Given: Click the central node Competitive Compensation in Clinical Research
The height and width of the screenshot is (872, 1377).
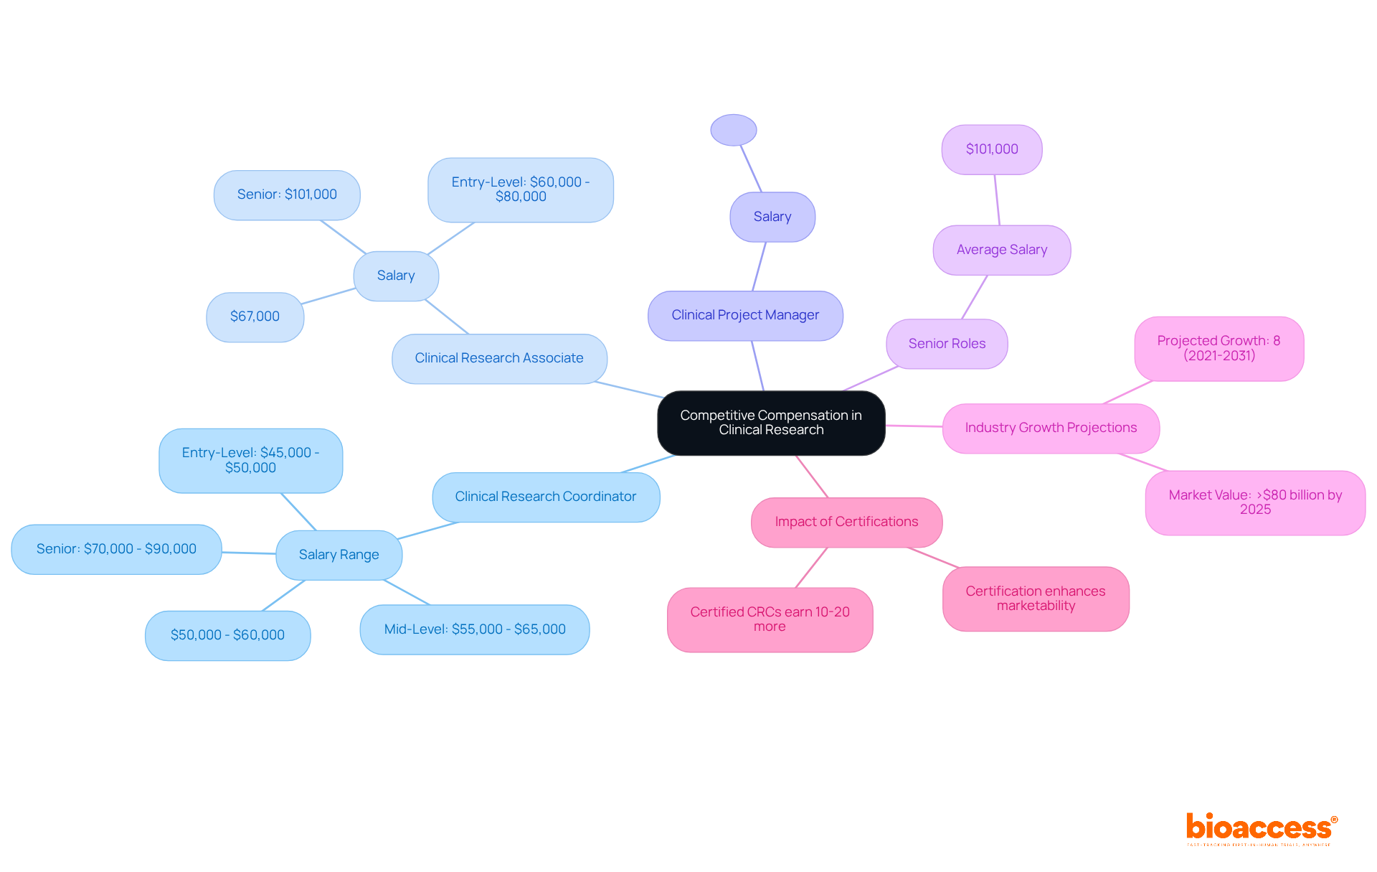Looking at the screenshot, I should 771,423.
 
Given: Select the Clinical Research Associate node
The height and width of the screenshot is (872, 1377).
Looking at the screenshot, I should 499,358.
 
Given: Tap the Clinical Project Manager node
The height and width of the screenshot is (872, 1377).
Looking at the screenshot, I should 745,315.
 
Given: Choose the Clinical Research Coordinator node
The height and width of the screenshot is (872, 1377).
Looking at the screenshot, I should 545,497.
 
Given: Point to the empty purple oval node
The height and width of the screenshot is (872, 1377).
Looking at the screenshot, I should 733,130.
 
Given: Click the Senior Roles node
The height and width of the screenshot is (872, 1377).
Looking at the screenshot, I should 947,344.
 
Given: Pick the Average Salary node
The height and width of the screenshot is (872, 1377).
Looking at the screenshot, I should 1001,250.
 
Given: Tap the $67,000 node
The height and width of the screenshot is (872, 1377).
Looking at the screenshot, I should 255,317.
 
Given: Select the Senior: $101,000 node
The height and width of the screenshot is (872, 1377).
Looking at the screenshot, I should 287,194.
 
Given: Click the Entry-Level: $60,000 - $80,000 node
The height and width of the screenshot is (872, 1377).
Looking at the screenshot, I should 521,189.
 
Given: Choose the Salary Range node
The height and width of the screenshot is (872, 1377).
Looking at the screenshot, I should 339,555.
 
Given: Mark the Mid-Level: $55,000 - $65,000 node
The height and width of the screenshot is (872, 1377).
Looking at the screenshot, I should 474,629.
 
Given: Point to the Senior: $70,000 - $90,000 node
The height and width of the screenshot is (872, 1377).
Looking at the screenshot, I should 116,549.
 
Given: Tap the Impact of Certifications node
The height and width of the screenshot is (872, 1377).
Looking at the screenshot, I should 846,522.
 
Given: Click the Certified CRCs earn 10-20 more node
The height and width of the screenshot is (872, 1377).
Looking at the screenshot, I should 770,619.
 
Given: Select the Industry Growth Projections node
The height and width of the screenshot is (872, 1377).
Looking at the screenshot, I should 1051,428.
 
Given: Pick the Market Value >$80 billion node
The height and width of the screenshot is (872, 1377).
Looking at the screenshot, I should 1255,502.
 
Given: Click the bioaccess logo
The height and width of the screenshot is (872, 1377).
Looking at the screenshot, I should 1261,828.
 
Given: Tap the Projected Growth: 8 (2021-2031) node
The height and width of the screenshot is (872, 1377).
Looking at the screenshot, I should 1219,348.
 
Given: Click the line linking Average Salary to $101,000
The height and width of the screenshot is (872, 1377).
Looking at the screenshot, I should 997,200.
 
